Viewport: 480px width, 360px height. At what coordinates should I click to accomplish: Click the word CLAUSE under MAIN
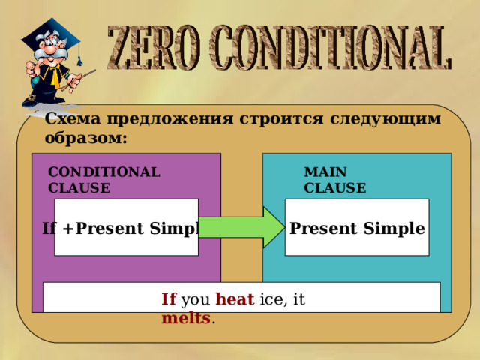[335, 187]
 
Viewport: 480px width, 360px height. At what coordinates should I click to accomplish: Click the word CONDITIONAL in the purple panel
[104, 172]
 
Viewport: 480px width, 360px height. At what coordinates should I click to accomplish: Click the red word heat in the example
[230, 299]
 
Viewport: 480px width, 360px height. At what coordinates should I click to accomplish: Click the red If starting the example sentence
[169, 299]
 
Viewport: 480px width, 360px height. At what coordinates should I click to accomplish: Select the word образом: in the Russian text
[85, 138]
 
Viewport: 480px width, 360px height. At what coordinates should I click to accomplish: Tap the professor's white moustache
[52, 64]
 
